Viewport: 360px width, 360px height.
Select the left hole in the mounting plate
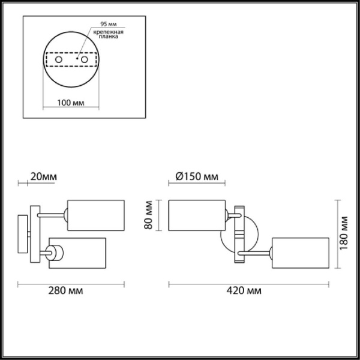[x=58, y=60]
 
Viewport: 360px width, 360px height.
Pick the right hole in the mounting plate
[x=85, y=60]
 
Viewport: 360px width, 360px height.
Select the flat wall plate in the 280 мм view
[x=23, y=234]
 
